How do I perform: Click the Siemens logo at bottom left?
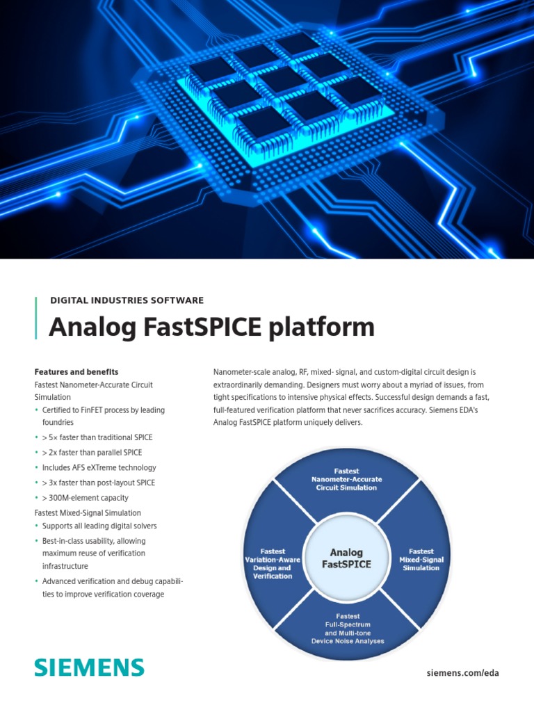[90, 668]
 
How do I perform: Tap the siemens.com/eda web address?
[462, 672]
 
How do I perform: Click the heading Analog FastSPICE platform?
[211, 327]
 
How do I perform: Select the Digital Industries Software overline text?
[127, 300]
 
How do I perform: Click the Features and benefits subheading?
[81, 372]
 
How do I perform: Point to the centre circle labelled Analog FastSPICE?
[346, 558]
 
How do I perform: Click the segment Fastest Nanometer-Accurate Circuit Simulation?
[346, 479]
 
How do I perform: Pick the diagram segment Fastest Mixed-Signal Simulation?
[421, 559]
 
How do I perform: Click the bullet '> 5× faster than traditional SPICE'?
[97, 437]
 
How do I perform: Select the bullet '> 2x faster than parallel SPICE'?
[92, 453]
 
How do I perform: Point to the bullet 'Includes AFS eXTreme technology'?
[99, 468]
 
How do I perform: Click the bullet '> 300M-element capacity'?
[85, 498]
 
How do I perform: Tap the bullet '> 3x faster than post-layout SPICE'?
[99, 483]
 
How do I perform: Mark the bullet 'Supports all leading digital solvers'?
[99, 526]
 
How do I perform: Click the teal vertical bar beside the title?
[36, 318]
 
